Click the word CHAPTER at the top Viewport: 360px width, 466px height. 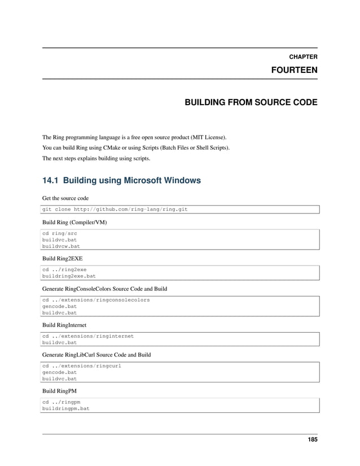click(303, 57)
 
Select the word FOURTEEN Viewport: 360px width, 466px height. click(295, 71)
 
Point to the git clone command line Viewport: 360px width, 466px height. click(115, 210)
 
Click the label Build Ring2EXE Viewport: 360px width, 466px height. click(63, 258)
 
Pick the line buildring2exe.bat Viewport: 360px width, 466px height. click(69, 277)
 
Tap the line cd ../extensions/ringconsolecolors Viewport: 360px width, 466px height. click(96, 300)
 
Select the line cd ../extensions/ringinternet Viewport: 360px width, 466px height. click(88, 336)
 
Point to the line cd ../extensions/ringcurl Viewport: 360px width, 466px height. click(82, 366)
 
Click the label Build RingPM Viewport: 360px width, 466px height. click(60, 391)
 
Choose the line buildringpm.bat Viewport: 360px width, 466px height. click(65, 408)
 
